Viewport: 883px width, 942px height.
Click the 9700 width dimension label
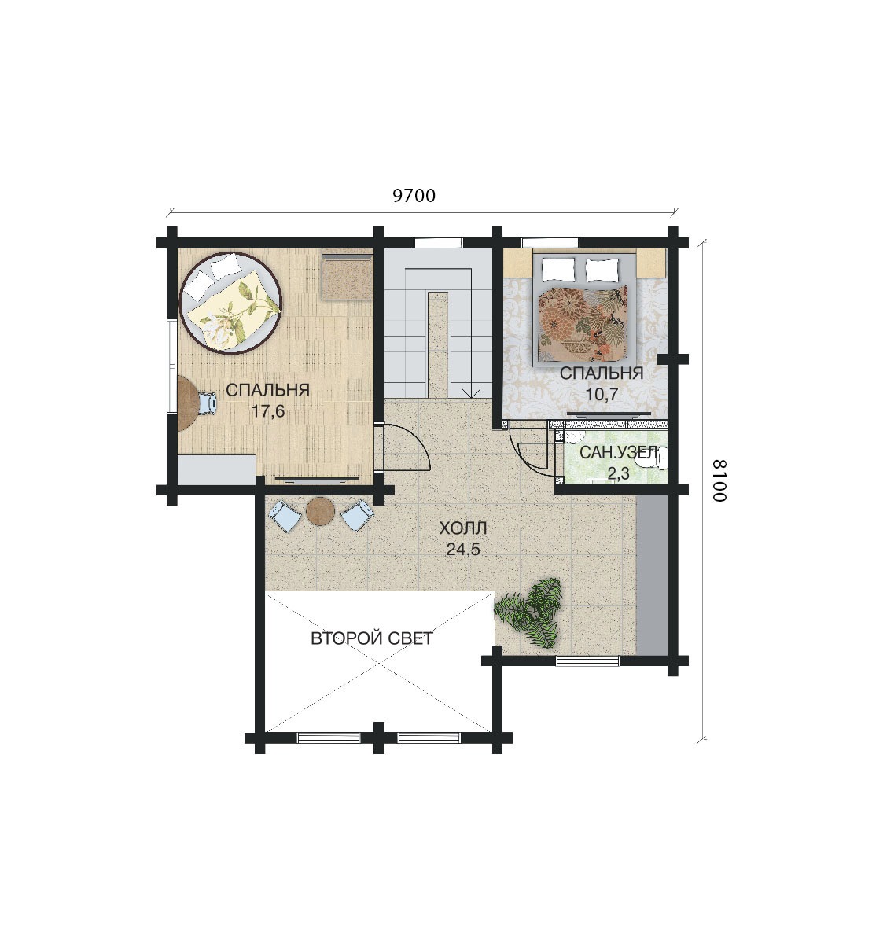(414, 196)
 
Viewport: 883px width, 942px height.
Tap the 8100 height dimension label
(719, 480)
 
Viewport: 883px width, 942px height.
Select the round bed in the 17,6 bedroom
(231, 303)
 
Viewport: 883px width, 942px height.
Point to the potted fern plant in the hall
(531, 613)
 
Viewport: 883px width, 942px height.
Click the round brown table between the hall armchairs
(320, 512)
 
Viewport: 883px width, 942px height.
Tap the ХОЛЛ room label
(463, 528)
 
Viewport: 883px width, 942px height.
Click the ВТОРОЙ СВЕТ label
(372, 638)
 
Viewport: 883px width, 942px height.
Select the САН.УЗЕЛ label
(619, 453)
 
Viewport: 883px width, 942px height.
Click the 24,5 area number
(463, 549)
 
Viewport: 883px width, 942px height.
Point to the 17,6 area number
(268, 411)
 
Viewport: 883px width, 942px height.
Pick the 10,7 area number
(602, 394)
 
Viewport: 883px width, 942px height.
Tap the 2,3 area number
(618, 474)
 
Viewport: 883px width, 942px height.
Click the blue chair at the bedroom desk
(208, 403)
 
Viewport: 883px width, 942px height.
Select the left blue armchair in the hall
(285, 516)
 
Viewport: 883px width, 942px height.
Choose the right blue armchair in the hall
(358, 516)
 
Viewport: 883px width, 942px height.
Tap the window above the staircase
(439, 243)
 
